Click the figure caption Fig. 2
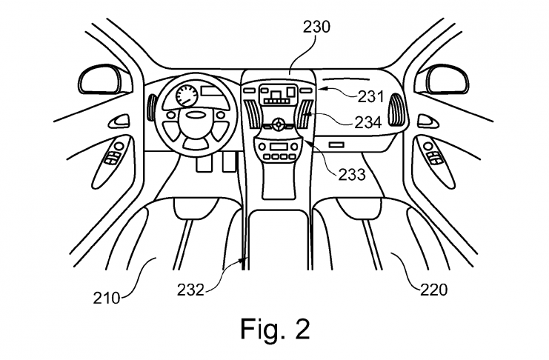coord(273,328)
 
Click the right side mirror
coord(447,79)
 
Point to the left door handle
coord(116,120)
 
